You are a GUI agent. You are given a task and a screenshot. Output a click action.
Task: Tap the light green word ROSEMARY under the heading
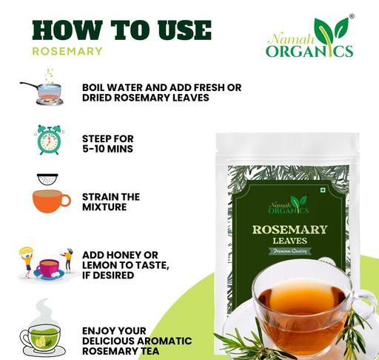(x=67, y=51)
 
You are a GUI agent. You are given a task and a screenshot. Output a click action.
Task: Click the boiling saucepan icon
(x=41, y=87)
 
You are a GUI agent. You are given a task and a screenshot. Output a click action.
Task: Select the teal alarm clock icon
(x=49, y=140)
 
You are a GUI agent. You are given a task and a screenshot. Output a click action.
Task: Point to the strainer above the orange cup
(x=47, y=179)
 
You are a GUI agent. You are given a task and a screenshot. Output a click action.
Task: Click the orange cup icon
(x=51, y=201)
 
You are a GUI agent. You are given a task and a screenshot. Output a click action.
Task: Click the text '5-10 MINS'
(x=107, y=149)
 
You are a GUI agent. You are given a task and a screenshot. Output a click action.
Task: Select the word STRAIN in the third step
(x=98, y=197)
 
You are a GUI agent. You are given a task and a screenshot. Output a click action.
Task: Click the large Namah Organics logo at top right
(x=309, y=37)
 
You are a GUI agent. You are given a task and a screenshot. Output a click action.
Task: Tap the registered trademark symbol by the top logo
(x=352, y=16)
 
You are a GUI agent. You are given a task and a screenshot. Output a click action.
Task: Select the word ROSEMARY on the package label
(x=289, y=230)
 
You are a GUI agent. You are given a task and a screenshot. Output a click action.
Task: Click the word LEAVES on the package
(x=290, y=241)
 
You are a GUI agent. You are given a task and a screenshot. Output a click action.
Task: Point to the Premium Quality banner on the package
(x=289, y=251)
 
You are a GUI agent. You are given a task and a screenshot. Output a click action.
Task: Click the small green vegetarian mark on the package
(x=322, y=190)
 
